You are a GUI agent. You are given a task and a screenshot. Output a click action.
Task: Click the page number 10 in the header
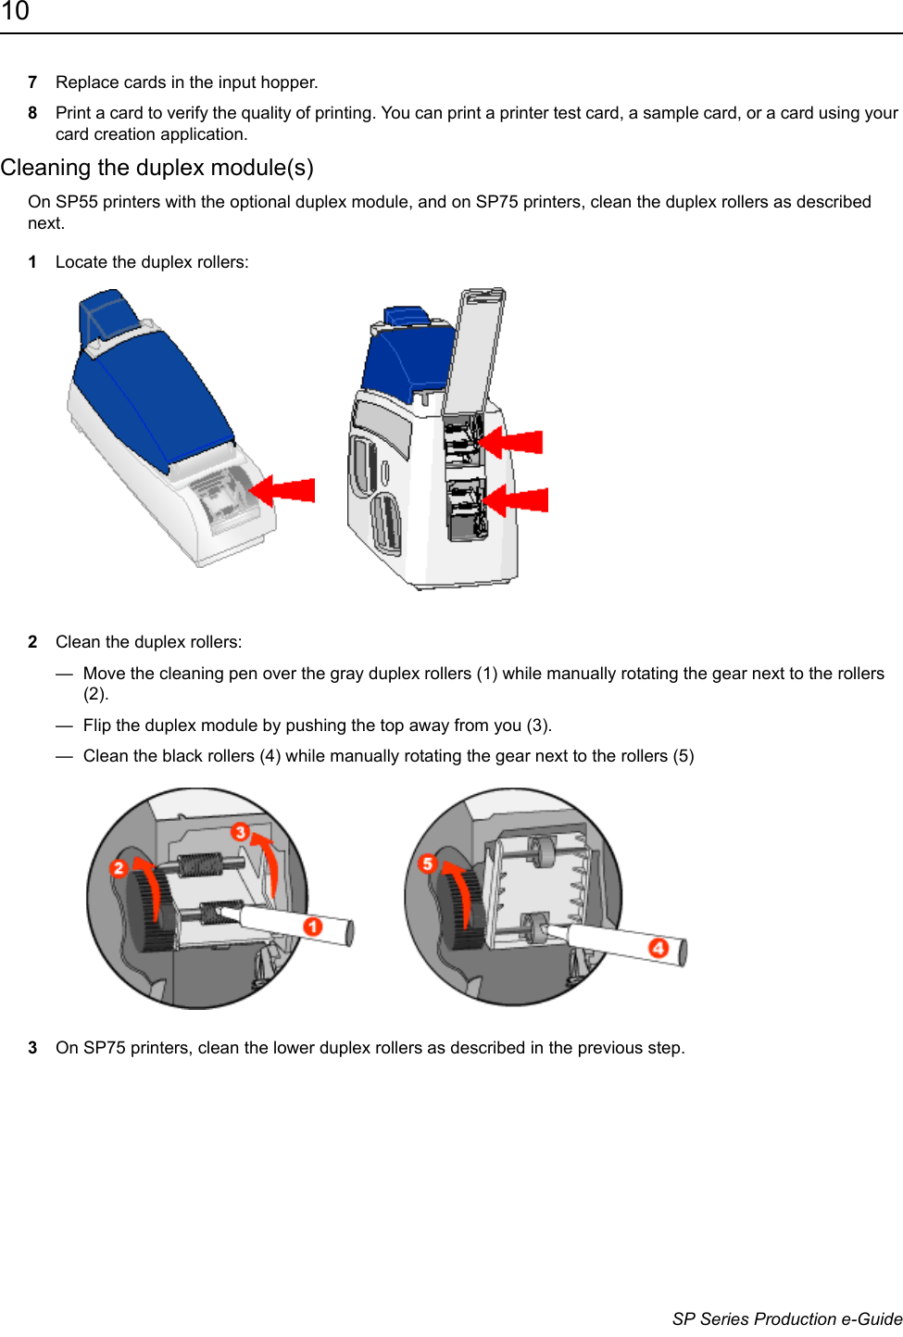point(15,11)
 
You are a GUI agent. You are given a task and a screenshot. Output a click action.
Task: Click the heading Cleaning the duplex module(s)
point(157,168)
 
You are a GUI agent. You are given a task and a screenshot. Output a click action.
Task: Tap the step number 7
point(32,82)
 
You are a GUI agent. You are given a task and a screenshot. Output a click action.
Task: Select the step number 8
point(32,113)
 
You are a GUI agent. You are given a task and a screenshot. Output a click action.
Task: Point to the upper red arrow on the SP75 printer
point(513,442)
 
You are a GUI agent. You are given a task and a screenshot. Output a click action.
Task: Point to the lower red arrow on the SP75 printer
point(518,500)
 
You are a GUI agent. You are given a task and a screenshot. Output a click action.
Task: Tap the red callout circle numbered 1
point(313,927)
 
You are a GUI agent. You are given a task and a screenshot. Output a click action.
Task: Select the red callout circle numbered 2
point(119,868)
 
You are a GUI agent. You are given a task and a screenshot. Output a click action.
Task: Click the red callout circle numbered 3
point(241,831)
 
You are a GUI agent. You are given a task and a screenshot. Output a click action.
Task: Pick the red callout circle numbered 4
point(658,948)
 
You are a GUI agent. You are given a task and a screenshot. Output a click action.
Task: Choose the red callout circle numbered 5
point(427,863)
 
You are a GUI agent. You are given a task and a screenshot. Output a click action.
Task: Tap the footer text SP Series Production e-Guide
point(786,1318)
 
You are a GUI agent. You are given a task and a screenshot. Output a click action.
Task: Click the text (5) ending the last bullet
point(684,756)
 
